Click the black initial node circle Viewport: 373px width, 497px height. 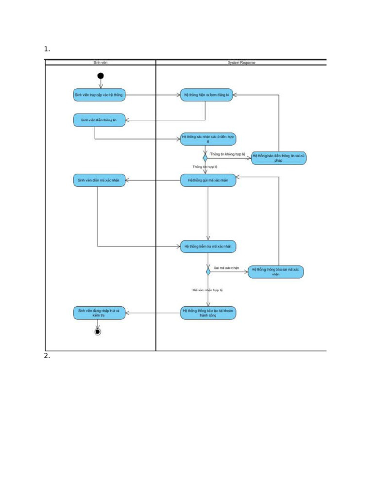pos(101,76)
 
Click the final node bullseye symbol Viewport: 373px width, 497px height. pos(98,332)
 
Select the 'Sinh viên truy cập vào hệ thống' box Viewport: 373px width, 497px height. pos(99,95)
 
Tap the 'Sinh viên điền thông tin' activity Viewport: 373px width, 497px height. pos(99,120)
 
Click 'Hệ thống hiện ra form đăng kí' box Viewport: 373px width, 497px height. pos(206,95)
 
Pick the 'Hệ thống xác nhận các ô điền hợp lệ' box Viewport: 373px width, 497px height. pos(208,139)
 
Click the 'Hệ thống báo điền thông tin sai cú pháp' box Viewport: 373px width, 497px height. pos(278,158)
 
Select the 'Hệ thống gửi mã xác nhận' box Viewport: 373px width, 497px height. pos(208,181)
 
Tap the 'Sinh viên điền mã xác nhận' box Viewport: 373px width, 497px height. pos(99,181)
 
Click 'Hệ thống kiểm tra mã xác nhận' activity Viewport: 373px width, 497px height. pos(208,247)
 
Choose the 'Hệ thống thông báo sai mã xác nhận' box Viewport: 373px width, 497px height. pos(275,271)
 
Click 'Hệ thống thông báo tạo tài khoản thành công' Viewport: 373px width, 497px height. pos(208,313)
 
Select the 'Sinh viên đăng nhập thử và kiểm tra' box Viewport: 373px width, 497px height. pos(99,313)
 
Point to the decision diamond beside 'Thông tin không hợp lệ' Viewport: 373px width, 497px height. pos(205,157)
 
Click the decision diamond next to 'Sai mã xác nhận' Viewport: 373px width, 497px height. pos(208,271)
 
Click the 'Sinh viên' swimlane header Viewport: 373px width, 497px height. pos(101,63)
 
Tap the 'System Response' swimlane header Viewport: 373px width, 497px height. pos(241,63)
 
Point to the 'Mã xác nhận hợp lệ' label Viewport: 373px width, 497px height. pos(207,290)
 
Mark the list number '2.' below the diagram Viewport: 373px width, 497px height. pos(47,356)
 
